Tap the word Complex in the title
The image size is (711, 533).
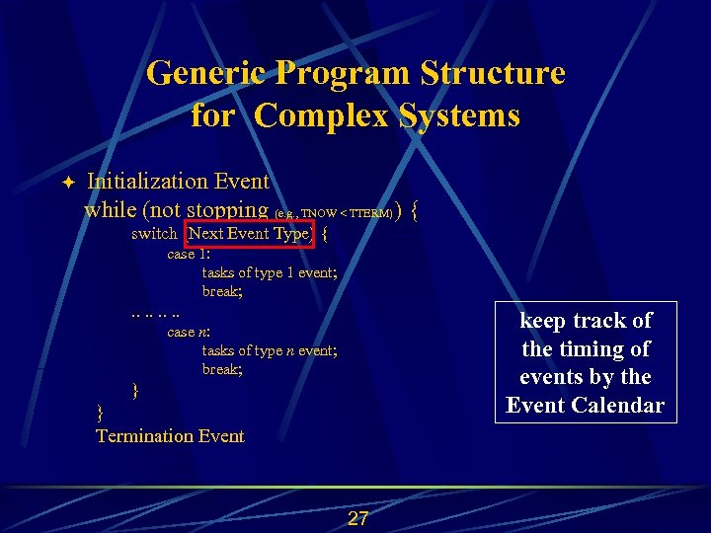[x=322, y=115]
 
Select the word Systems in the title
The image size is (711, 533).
[x=459, y=115]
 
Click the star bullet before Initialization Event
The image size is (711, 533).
[x=67, y=183]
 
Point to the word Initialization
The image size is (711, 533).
[x=147, y=182]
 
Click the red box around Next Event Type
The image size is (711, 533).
[x=249, y=234]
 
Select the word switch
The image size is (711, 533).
[x=154, y=234]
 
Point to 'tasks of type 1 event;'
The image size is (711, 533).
[x=270, y=272]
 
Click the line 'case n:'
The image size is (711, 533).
[x=189, y=332]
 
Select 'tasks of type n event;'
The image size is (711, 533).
[x=270, y=350]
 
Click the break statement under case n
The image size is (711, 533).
[x=222, y=369]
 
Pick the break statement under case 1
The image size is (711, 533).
[x=222, y=291]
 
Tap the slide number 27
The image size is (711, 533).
[x=357, y=519]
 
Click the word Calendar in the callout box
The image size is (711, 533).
[x=621, y=405]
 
